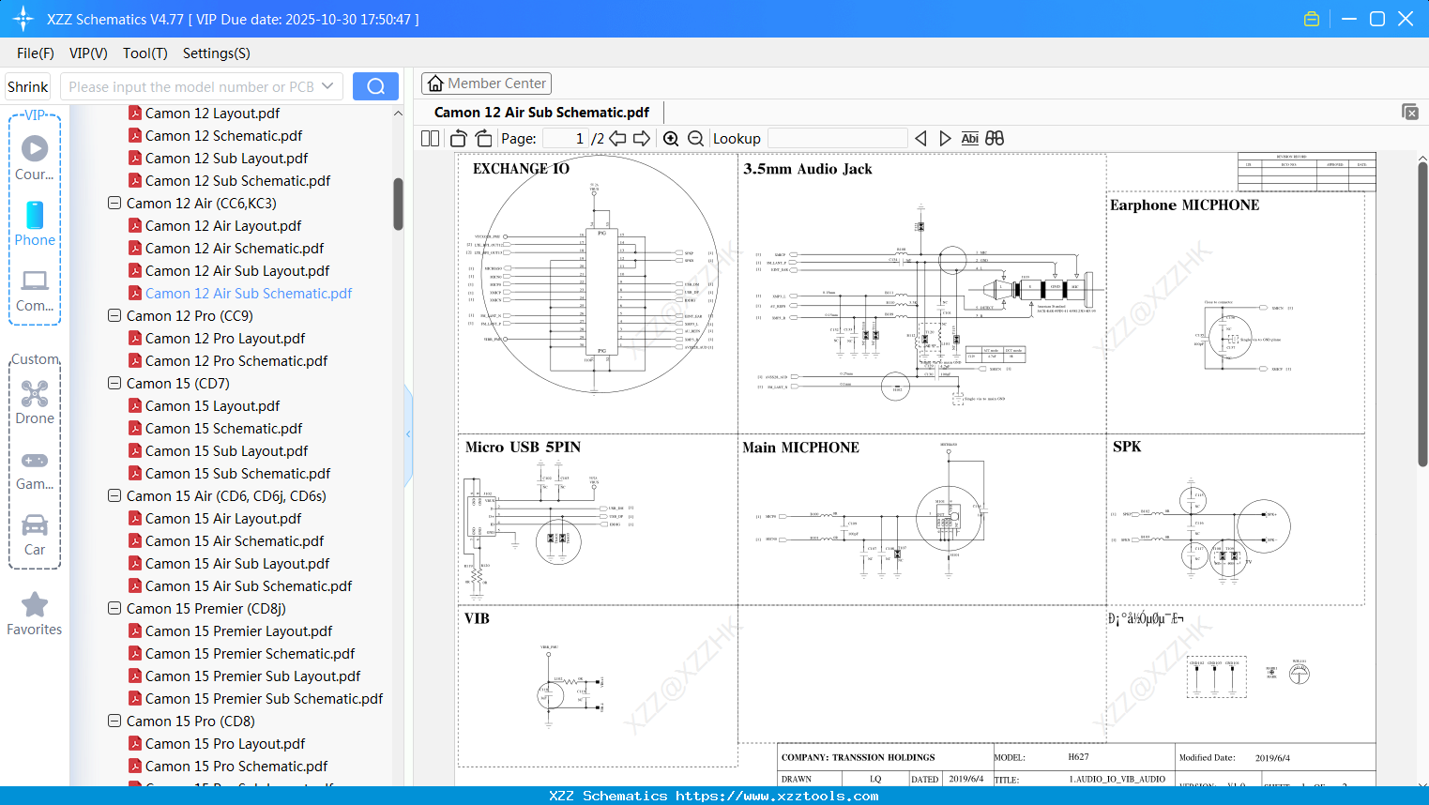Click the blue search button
point(375,86)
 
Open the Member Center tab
point(486,84)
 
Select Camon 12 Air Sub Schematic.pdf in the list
point(248,294)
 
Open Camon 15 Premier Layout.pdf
point(238,631)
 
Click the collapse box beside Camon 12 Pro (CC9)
point(114,316)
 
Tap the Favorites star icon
point(35,605)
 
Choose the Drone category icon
point(35,395)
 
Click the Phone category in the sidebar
point(35,224)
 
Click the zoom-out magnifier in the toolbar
point(695,139)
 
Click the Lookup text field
point(837,139)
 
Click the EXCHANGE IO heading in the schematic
point(521,169)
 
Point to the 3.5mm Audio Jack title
point(807,169)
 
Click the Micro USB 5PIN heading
point(523,448)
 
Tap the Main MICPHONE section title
point(800,448)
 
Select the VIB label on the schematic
point(477,618)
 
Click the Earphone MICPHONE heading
point(1184,205)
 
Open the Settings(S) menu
point(216,53)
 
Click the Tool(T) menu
point(144,53)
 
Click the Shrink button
point(27,87)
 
